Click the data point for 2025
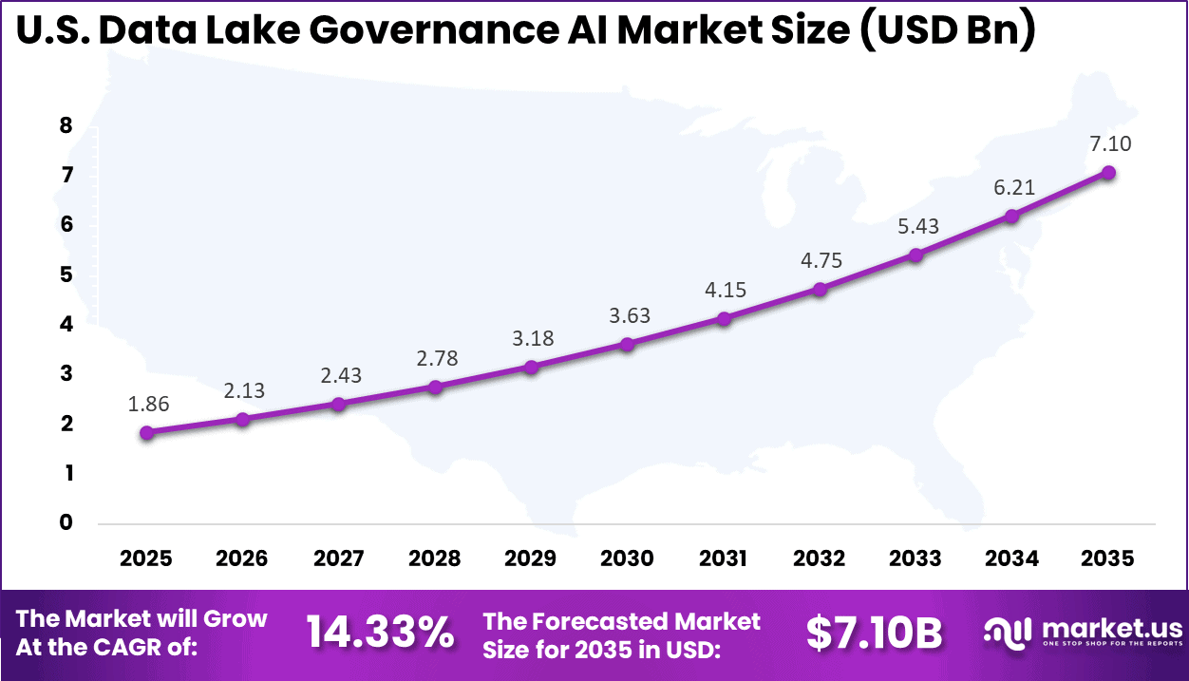coord(146,433)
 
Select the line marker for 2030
coord(627,344)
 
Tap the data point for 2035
coord(1107,172)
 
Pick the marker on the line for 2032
coord(820,289)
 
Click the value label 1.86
coord(148,404)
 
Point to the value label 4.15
coord(725,288)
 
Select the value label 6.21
coord(1013,187)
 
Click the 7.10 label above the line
coord(1109,143)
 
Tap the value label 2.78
coord(436,358)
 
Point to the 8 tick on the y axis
coord(66,126)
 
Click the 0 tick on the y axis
coord(66,522)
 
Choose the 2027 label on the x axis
coord(338,558)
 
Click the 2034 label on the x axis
coord(1011,558)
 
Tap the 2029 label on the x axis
coord(531,558)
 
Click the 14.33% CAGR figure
coord(380,633)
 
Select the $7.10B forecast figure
coord(874,633)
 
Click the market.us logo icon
coord(1008,632)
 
